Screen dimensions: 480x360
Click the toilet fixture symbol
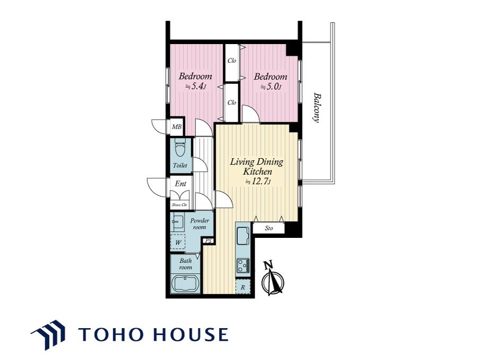(x=179, y=149)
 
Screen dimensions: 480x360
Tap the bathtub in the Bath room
(x=185, y=284)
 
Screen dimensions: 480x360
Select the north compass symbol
(x=272, y=279)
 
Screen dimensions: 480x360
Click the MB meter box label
(x=177, y=127)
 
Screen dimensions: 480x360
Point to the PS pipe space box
(x=209, y=241)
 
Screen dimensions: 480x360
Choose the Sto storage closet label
(x=269, y=228)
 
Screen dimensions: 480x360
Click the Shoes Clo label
(x=179, y=205)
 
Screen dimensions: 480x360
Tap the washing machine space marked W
(x=178, y=243)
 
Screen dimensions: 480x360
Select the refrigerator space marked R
(x=243, y=287)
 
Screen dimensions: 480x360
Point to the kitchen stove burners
(x=243, y=265)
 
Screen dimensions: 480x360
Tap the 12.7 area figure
(x=258, y=182)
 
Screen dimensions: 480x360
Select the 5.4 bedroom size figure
(x=195, y=87)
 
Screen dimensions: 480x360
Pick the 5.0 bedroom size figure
(x=271, y=87)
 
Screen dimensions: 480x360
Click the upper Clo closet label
(x=232, y=61)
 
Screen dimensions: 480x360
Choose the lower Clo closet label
(x=232, y=102)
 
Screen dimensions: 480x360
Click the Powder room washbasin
(x=177, y=223)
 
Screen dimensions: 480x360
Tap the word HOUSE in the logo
(x=191, y=334)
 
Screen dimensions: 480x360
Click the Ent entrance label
(x=181, y=184)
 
